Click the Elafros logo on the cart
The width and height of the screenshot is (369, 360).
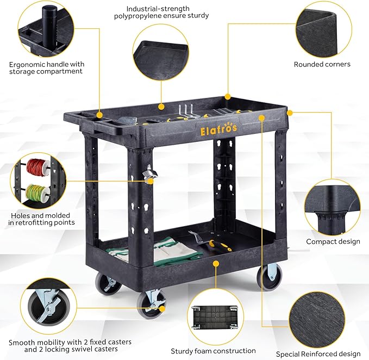(x=218, y=129)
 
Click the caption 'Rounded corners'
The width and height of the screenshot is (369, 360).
(x=322, y=64)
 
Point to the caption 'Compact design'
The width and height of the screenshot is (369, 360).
(x=333, y=241)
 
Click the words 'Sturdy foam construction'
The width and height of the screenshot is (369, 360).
(x=213, y=351)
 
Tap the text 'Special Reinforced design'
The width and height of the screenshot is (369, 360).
(x=318, y=354)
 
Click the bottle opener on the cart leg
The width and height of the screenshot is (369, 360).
(x=149, y=174)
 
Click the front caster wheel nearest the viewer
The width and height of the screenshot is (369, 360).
(x=151, y=306)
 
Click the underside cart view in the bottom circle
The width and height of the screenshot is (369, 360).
(x=215, y=318)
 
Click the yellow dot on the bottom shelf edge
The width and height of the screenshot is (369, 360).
(x=216, y=264)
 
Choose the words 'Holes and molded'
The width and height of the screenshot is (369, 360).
(x=40, y=215)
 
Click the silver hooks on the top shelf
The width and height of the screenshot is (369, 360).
(x=186, y=110)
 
